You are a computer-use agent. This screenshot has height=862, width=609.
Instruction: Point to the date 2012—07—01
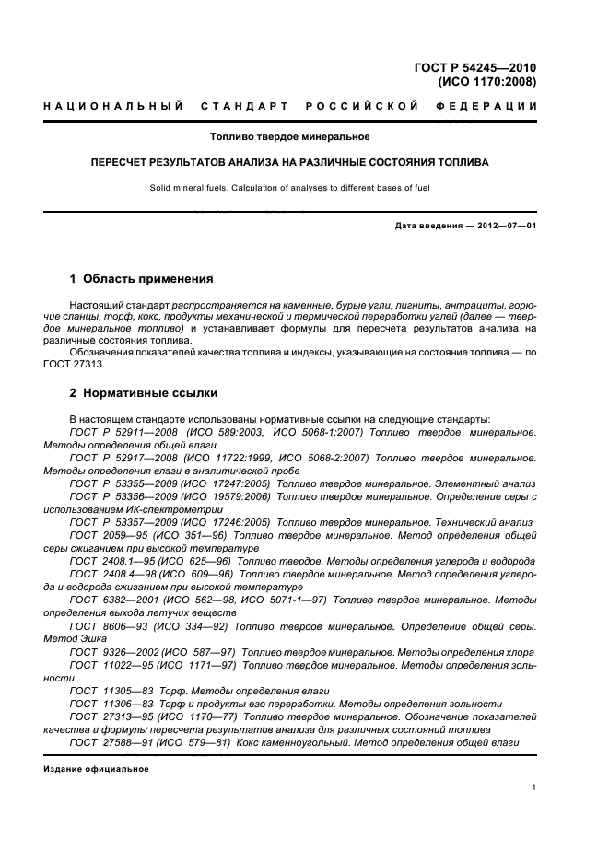[507, 226]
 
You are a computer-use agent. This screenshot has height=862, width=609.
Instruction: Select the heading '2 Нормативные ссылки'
[144, 393]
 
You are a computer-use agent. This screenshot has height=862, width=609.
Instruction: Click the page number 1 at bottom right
[534, 787]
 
